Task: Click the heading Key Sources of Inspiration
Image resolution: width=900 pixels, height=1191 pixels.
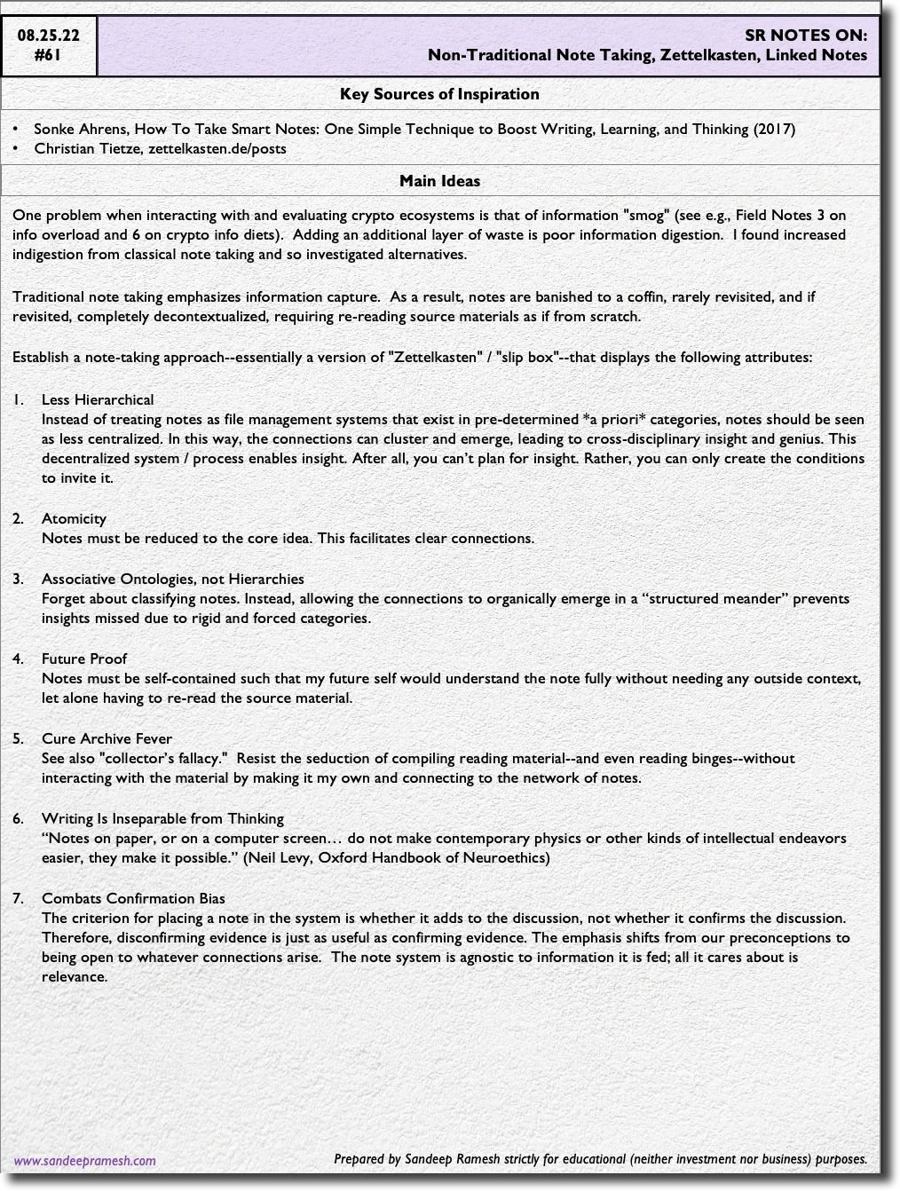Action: coord(439,94)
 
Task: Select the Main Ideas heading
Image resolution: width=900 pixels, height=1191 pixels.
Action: coord(439,181)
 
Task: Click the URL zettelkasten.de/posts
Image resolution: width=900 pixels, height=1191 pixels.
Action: coord(217,149)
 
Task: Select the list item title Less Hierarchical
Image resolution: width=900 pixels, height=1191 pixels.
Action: coord(98,400)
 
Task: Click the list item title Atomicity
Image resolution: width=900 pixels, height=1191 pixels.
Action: coord(74,519)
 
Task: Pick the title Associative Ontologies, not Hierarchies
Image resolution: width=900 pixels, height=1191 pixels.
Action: coord(173,580)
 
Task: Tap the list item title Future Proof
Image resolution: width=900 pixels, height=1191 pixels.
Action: coord(84,659)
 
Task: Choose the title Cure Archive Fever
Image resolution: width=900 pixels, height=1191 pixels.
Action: coord(107,739)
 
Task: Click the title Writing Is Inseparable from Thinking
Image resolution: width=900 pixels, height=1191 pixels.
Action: coord(162,819)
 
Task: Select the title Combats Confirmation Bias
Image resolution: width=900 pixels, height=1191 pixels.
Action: coord(133,899)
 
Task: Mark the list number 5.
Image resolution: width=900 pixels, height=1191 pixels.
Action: coord(18,739)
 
